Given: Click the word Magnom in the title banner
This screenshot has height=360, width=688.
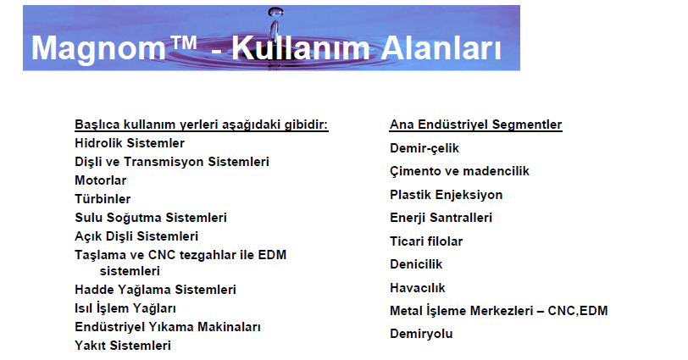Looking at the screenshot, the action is [x=98, y=49].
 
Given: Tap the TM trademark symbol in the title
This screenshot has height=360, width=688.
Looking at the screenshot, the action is [x=182, y=43].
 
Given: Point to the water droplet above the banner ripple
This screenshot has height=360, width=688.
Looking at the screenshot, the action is [x=275, y=13].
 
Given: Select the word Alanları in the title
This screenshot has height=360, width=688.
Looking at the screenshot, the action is [x=441, y=47].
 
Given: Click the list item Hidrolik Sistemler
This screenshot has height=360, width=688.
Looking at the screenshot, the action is [x=130, y=143].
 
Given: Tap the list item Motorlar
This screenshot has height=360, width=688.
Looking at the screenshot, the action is [x=101, y=180].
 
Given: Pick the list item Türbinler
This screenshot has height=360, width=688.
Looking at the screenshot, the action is [x=103, y=199].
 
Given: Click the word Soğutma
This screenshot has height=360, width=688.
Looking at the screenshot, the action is [x=134, y=219].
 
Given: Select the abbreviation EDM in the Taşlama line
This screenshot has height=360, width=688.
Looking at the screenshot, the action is [x=272, y=255].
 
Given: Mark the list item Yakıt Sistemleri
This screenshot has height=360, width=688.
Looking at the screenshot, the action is [x=123, y=346].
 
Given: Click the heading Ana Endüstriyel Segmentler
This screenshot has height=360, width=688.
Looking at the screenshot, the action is [x=475, y=125].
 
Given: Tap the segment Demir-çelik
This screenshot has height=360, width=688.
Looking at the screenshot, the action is [x=424, y=148].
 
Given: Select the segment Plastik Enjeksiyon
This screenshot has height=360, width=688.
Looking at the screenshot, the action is [x=447, y=195].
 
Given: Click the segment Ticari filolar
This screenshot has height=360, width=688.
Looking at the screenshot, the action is [x=426, y=241].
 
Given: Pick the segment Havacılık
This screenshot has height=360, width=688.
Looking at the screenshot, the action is [x=417, y=288].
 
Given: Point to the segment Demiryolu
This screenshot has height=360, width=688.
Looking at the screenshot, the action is [x=421, y=334].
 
